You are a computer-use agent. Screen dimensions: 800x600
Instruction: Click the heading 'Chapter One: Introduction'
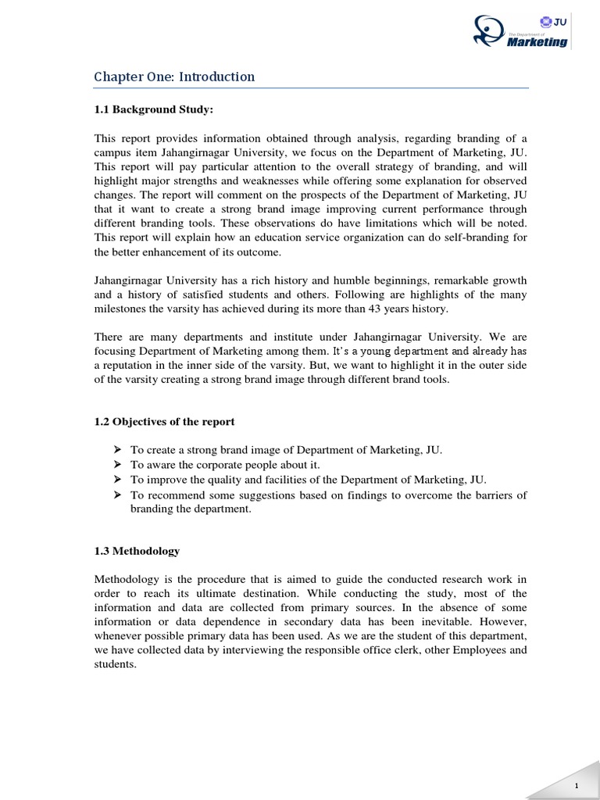point(174,77)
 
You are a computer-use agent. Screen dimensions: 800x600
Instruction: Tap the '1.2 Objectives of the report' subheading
point(164,421)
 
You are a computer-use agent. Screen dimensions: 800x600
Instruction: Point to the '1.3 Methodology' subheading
point(137,551)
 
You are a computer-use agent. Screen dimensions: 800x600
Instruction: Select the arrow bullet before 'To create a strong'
point(117,450)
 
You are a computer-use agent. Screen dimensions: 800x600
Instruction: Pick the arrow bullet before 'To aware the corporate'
point(117,465)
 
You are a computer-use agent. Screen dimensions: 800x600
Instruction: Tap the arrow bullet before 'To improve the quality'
point(117,480)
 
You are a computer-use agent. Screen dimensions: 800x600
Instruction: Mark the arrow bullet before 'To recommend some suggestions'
point(117,495)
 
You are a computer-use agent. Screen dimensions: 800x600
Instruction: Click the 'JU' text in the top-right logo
point(559,23)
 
